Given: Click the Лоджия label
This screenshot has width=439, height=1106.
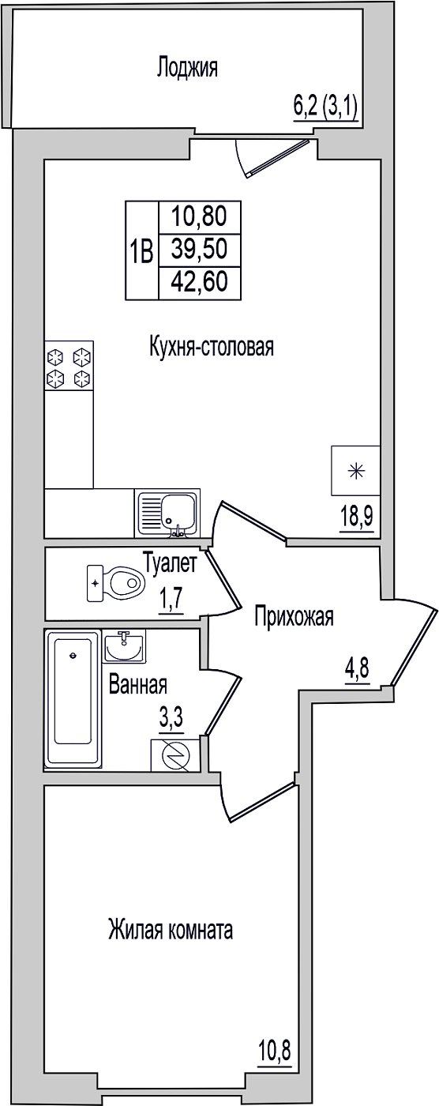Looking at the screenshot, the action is click(187, 68).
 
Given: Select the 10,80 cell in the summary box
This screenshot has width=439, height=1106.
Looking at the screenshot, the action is click(199, 216).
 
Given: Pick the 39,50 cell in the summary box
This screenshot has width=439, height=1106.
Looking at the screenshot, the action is click(199, 250).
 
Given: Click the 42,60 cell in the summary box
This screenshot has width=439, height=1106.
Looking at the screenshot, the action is click(199, 283).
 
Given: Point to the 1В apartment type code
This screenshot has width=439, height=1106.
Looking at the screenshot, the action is click(141, 250).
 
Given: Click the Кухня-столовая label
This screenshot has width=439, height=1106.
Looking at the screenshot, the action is click(211, 347).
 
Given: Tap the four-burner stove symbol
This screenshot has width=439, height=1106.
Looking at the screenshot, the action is click(69, 366).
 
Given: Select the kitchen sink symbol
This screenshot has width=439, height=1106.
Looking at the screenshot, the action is click(167, 513).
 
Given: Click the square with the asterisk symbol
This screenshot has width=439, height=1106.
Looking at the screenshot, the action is click(355, 470).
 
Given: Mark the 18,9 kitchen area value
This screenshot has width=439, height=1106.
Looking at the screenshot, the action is click(357, 518).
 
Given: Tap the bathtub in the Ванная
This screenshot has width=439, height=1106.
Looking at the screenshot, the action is click(73, 698).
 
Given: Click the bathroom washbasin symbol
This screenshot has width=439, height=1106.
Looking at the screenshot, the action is click(124, 646).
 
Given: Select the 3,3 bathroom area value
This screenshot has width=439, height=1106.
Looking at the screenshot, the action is click(171, 717).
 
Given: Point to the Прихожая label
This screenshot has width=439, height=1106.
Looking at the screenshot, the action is click(294, 617).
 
